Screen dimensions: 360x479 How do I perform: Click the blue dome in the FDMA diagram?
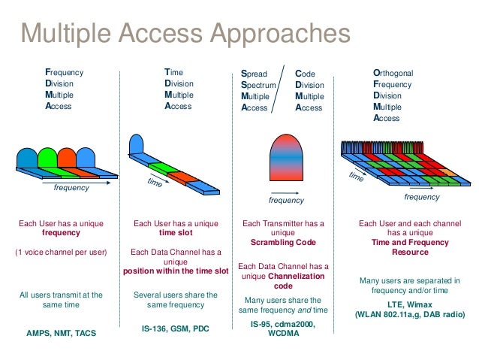[29, 159]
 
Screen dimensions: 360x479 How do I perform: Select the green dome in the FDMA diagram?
[48, 159]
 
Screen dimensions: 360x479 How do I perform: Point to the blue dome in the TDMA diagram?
[136, 145]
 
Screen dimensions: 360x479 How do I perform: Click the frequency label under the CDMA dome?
[286, 201]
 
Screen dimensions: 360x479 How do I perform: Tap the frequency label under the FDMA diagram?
[71, 188]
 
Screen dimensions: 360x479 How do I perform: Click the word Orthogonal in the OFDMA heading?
[393, 73]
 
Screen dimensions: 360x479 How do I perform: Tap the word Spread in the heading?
[253, 74]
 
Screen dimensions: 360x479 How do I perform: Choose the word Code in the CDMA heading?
[305, 74]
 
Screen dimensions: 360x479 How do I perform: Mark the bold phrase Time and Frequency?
[409, 243]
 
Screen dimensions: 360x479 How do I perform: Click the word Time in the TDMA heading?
[173, 73]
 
